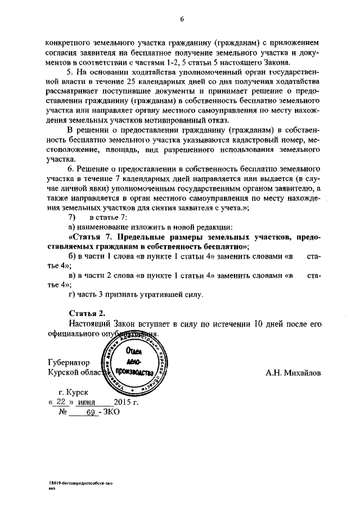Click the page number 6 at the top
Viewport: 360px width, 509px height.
[182, 19]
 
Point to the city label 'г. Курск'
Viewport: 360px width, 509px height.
[73, 392]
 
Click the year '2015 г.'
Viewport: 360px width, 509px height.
[125, 402]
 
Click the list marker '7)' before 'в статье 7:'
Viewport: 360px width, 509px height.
[71, 217]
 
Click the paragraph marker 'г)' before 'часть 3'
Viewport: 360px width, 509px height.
[71, 295]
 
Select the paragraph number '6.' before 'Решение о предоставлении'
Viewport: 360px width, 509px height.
[71, 168]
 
